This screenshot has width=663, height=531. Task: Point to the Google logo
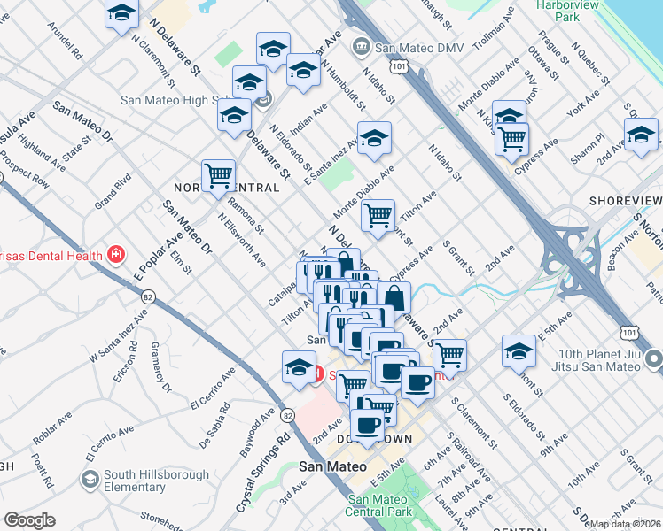click(29, 520)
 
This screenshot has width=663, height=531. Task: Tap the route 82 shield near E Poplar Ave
click(147, 296)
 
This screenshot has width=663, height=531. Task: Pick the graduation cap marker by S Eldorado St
click(519, 350)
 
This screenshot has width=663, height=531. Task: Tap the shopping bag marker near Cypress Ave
click(394, 297)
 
